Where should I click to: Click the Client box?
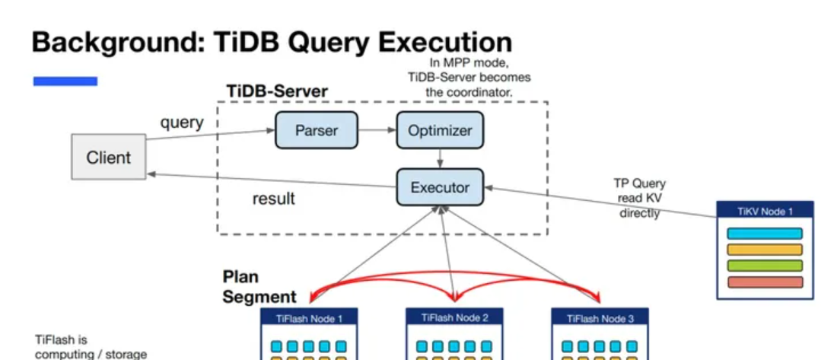coord(108,158)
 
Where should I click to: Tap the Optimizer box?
coord(440,130)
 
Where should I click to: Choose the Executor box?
coord(440,186)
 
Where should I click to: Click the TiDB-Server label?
coord(277,91)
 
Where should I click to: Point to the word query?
coord(181,122)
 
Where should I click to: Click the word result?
coord(273,199)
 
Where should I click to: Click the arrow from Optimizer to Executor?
coord(440,158)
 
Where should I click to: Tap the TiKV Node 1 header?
coord(765,211)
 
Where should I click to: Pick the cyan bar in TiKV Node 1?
coord(765,234)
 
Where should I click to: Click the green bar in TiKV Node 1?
coord(765,266)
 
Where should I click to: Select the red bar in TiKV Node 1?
coord(765,282)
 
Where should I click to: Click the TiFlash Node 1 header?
coord(307,318)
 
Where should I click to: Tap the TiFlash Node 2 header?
coord(454,318)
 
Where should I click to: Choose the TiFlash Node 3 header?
coord(600,318)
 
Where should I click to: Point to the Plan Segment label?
coord(259,287)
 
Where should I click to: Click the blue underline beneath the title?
coord(65,81)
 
